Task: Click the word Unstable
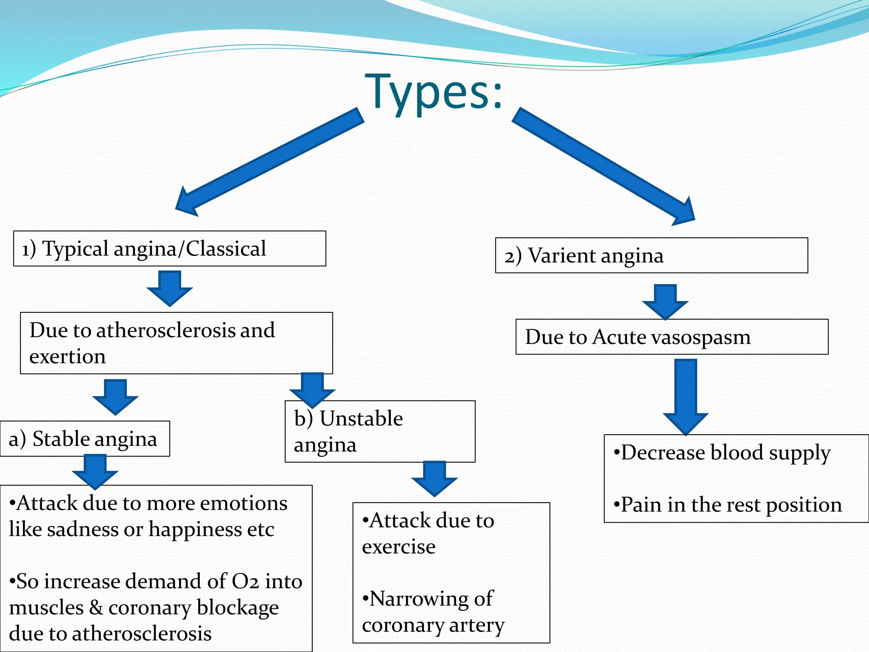(361, 419)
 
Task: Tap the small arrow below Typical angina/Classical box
(170, 289)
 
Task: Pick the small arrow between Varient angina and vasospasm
(665, 302)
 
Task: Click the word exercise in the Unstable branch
(398, 547)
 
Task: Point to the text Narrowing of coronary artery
(433, 612)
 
